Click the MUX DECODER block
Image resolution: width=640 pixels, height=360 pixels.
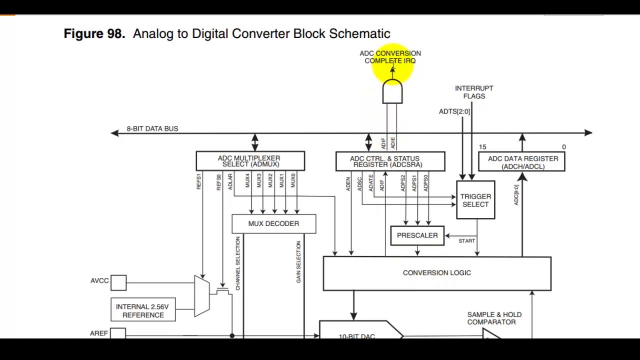(x=273, y=224)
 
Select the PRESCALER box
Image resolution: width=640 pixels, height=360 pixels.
(x=417, y=235)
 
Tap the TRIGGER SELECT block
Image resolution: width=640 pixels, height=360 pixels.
(x=475, y=200)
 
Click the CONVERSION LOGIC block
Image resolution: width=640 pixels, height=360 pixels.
(x=436, y=273)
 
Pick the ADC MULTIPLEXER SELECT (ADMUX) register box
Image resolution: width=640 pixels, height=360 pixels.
(x=250, y=161)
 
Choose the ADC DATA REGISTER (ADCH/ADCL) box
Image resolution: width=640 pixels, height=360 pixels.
(x=522, y=162)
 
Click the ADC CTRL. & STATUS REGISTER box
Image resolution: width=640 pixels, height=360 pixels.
(x=390, y=161)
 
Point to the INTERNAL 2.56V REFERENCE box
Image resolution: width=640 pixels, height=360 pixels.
(x=143, y=310)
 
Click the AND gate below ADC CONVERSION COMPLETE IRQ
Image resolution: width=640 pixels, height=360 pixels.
(x=392, y=93)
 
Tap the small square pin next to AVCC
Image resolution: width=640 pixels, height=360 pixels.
(x=118, y=283)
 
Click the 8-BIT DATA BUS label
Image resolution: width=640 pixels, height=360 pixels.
(x=152, y=128)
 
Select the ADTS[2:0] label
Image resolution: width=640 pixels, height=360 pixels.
(x=454, y=111)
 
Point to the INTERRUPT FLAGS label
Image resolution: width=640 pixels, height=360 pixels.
(x=474, y=92)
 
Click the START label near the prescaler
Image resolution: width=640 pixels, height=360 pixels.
(x=466, y=241)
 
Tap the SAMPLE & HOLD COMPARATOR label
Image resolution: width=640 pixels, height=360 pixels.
(x=494, y=318)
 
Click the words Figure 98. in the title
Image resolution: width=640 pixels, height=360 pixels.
(x=94, y=33)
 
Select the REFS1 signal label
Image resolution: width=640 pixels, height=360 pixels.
(x=198, y=181)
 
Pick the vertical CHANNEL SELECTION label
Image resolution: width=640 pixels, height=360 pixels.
(x=237, y=263)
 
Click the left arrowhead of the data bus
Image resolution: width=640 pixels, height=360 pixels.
(x=115, y=132)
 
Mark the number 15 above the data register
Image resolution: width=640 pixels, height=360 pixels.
(x=482, y=147)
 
